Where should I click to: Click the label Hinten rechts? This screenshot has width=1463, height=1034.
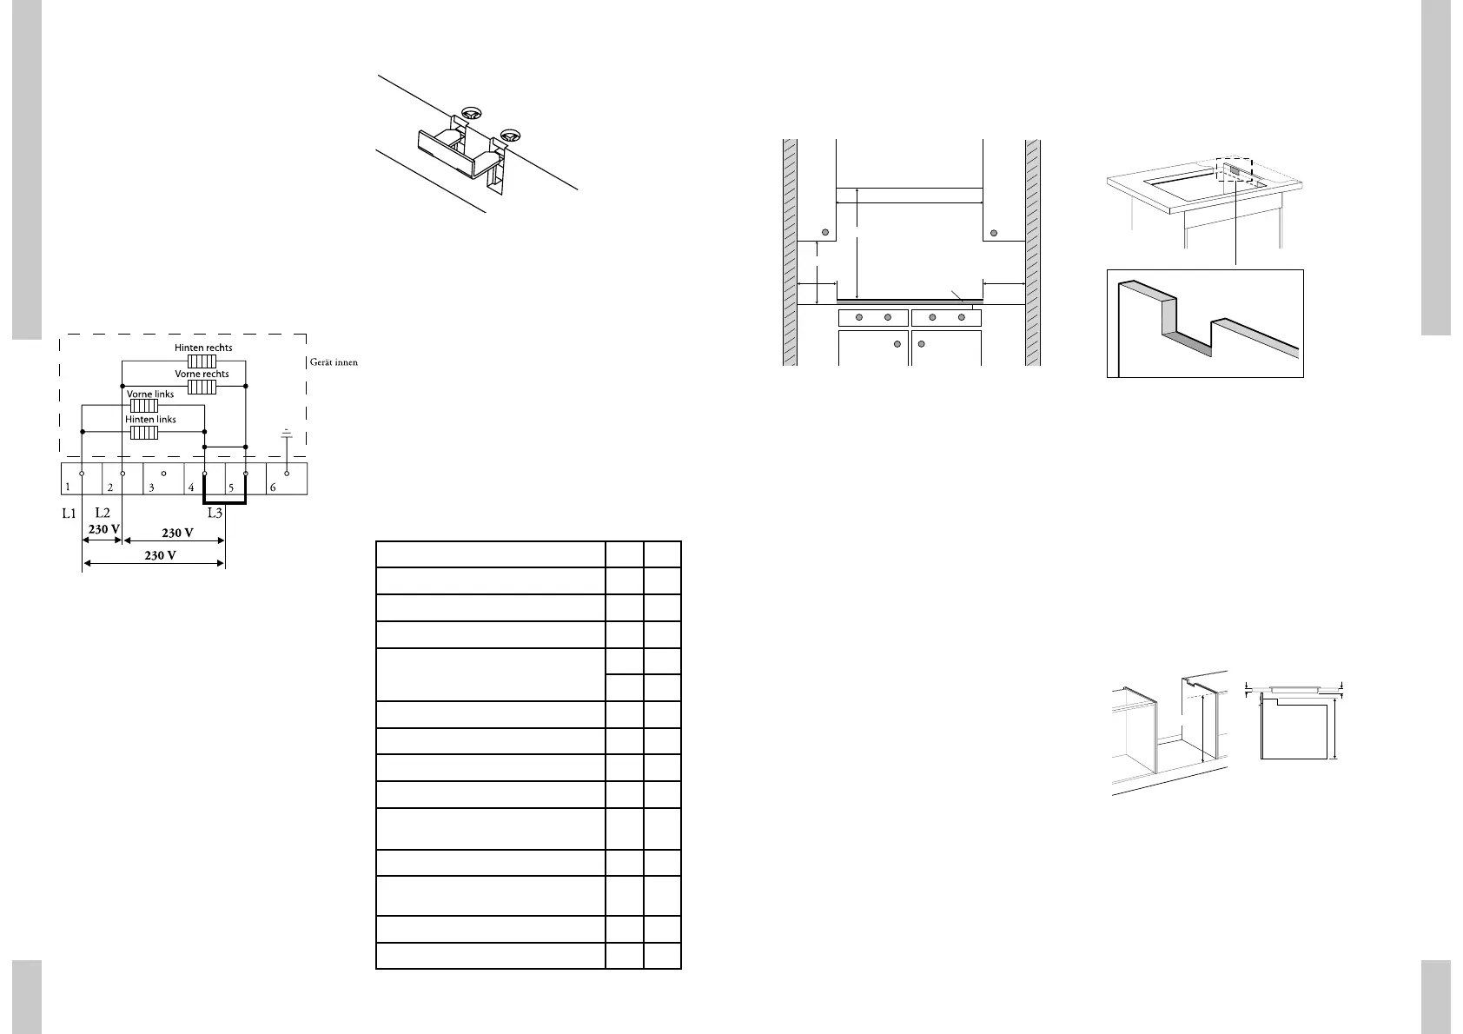coord(203,348)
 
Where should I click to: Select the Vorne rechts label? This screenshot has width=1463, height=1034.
coord(202,374)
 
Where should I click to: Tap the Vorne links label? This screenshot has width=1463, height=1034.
coord(150,394)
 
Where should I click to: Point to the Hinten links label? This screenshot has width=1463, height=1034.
coord(150,419)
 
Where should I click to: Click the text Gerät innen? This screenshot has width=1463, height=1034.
coord(334,362)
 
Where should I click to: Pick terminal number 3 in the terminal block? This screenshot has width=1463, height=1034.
coord(151,487)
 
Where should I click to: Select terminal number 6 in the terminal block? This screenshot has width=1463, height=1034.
coord(273,487)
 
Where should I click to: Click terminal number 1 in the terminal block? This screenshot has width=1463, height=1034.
coord(68,487)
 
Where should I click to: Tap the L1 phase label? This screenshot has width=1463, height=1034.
coord(70,514)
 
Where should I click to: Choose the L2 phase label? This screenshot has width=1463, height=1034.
coord(103,514)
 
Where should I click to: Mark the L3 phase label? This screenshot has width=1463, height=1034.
coord(215,514)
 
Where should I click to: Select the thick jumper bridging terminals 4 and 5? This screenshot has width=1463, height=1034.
coord(225,501)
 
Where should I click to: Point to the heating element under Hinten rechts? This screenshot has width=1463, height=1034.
coord(202,360)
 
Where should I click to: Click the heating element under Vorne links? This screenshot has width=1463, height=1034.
coord(143,405)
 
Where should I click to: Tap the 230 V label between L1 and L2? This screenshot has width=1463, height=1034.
coord(103,528)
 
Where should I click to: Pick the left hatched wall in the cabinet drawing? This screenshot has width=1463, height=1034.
coord(790,252)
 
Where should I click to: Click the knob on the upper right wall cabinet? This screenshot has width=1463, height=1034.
coord(995,232)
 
